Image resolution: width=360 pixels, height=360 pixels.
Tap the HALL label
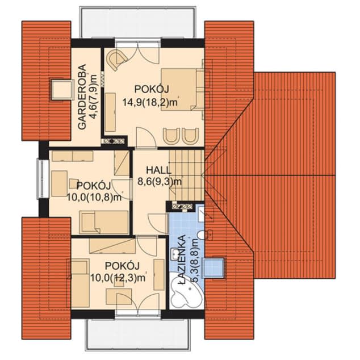coord(158,170)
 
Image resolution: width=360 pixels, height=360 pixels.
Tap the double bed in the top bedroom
coord(182,89)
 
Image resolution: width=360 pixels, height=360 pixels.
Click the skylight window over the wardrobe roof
coord(61,90)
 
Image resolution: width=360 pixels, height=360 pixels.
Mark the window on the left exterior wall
coord(43,179)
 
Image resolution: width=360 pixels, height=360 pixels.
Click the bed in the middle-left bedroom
coord(104,222)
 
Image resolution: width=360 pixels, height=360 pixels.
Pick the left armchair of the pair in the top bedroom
coord(171,136)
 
